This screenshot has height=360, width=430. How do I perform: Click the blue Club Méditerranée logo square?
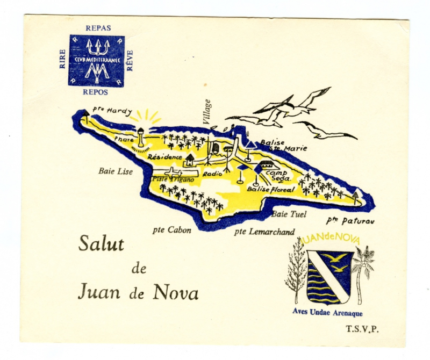(96, 61)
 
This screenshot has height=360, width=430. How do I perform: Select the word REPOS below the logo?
(96, 92)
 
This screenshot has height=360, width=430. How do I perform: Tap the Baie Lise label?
(115, 171)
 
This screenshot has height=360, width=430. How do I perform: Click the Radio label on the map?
(213, 175)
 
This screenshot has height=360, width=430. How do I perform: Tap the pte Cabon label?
(171, 230)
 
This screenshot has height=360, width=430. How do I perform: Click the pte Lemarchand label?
(264, 232)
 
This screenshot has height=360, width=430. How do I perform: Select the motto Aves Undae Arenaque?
(327, 313)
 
